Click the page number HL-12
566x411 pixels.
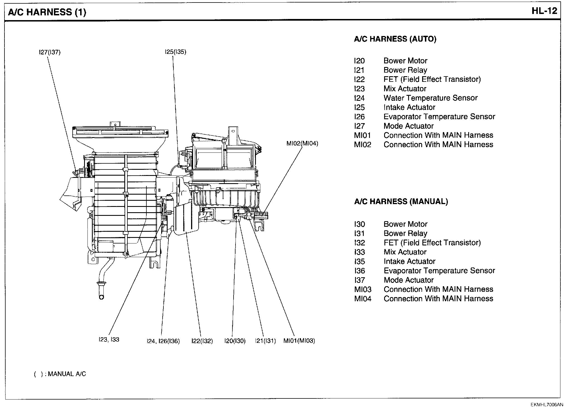[544, 11]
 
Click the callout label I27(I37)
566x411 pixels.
[50, 52]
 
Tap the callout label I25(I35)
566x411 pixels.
[175, 52]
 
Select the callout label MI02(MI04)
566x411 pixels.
[302, 144]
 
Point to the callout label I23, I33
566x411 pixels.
[109, 340]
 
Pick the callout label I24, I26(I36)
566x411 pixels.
[163, 341]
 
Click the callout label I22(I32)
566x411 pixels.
[202, 341]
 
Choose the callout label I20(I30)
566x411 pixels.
[235, 341]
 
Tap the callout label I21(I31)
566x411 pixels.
[265, 341]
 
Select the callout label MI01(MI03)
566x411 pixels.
[299, 341]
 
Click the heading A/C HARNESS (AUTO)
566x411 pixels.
[395, 39]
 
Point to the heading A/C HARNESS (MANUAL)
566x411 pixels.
[401, 202]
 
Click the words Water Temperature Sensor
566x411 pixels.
[431, 98]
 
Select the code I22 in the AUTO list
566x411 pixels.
[359, 80]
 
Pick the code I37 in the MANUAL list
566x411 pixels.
[360, 280]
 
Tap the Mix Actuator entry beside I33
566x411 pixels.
[405, 252]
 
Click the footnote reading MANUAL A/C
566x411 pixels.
[67, 374]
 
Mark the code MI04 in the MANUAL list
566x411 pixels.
[363, 299]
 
